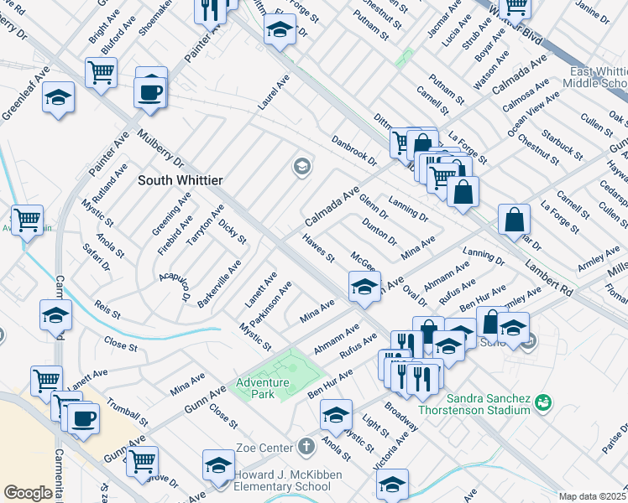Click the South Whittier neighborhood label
click(x=180, y=180)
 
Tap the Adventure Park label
click(x=262, y=388)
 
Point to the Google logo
click(x=28, y=493)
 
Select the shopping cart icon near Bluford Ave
click(x=101, y=73)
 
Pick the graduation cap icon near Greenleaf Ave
click(x=58, y=97)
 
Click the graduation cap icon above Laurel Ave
click(x=280, y=31)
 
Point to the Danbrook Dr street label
click(x=354, y=149)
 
